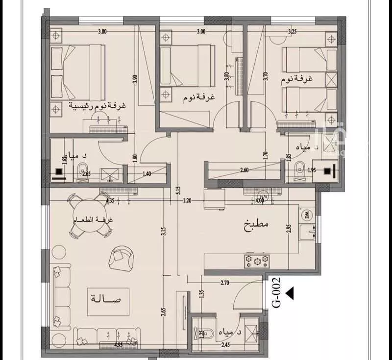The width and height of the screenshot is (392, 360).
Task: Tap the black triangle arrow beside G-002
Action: click(290, 293)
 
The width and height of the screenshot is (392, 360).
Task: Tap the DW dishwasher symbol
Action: click(308, 214)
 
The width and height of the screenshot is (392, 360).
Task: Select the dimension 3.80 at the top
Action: click(102, 32)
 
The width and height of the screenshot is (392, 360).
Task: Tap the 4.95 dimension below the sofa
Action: click(118, 345)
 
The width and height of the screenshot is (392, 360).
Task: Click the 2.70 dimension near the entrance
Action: click(225, 283)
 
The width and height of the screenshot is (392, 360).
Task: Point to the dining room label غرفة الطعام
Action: click(93, 220)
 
